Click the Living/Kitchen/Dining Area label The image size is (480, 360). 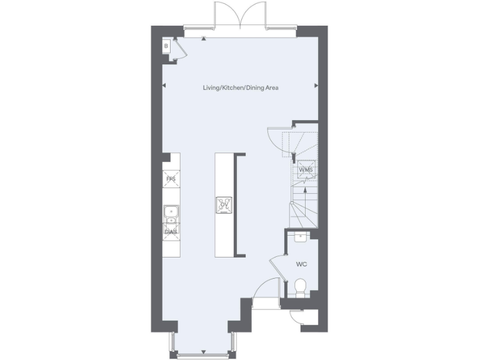click(240, 88)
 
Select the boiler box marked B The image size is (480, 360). click(167, 46)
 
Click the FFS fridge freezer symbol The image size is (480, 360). click(171, 179)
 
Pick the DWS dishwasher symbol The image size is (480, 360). click(171, 232)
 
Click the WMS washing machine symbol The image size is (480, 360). click(306, 170)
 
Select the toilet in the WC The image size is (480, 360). click(300, 287)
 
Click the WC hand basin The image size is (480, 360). click(301, 236)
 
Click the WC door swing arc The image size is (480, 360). click(275, 266)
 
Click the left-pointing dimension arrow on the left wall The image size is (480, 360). click(164, 86)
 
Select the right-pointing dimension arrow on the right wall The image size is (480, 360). click(316, 86)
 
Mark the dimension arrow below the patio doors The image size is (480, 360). click(204, 39)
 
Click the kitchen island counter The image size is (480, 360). click(223, 204)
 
